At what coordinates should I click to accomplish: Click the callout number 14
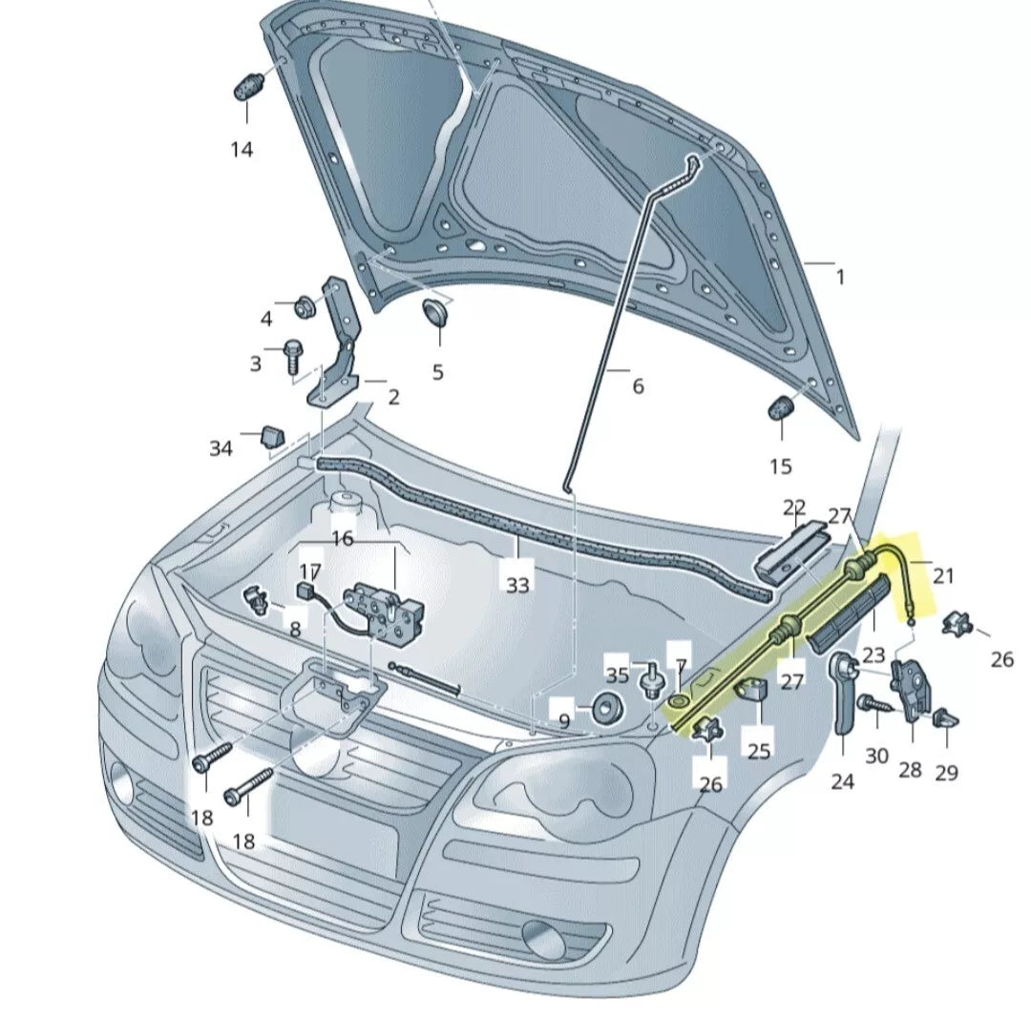pyautogui.click(x=242, y=150)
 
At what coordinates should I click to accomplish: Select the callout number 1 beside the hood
pyautogui.click(x=840, y=278)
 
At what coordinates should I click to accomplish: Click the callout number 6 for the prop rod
pyautogui.click(x=638, y=385)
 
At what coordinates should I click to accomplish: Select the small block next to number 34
pyautogui.click(x=273, y=436)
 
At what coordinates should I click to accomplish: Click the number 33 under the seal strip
pyautogui.click(x=517, y=584)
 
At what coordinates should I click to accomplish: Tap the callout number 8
pyautogui.click(x=295, y=630)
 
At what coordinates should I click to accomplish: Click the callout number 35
pyautogui.click(x=618, y=675)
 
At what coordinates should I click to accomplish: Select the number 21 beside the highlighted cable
pyautogui.click(x=943, y=576)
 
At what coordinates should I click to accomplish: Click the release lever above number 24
pyautogui.click(x=844, y=692)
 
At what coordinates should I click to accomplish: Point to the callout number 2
pyautogui.click(x=393, y=397)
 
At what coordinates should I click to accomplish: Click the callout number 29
pyautogui.click(x=946, y=773)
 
